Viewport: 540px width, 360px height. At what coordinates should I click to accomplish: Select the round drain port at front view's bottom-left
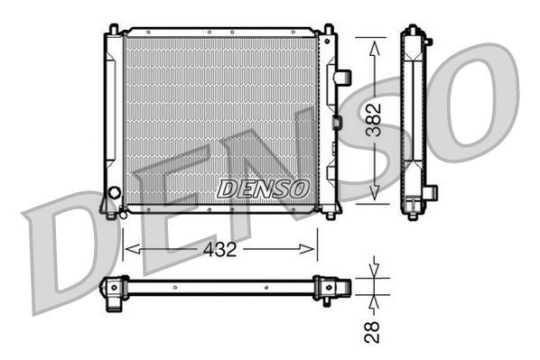click(114, 193)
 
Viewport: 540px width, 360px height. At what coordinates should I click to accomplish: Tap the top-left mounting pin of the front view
click(114, 30)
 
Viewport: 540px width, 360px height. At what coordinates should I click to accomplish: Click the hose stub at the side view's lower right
click(432, 191)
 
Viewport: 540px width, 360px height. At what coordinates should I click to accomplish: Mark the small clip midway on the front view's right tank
click(336, 122)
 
